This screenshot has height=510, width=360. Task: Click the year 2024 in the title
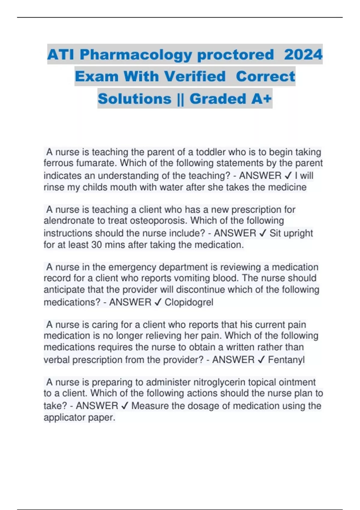303,55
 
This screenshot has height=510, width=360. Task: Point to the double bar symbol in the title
180,99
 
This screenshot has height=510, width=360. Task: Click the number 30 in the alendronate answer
97,245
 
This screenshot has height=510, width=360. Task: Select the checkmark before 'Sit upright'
262,233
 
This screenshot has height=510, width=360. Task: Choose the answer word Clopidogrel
189,302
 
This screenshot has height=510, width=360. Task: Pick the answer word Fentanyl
286,360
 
